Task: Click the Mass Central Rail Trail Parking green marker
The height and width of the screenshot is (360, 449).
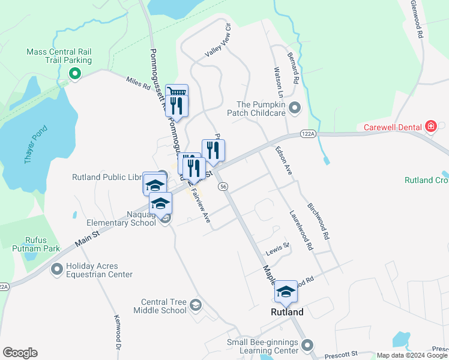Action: (x=75, y=74)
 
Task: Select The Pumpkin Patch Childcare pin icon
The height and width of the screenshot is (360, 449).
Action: (x=295, y=108)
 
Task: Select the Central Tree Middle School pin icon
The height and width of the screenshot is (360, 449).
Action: (x=195, y=306)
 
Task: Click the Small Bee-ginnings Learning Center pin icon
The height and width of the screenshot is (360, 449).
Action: (x=307, y=345)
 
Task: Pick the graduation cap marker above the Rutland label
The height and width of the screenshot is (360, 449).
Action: (x=286, y=292)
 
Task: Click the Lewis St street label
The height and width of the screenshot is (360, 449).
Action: (x=278, y=245)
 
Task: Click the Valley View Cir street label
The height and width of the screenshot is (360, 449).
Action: (x=218, y=40)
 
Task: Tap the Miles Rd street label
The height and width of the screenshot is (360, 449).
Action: (x=138, y=83)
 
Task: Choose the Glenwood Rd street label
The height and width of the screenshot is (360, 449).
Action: (x=418, y=19)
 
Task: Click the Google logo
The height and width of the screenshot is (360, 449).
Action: (x=20, y=353)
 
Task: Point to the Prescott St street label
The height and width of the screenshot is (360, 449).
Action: (x=345, y=355)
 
